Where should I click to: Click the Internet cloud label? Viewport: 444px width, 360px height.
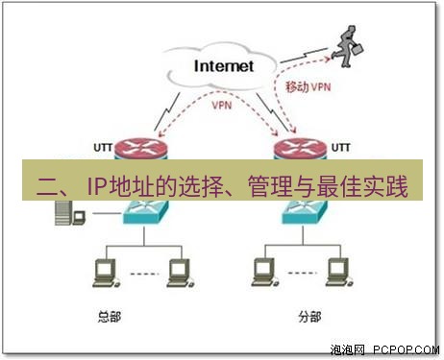point(223,66)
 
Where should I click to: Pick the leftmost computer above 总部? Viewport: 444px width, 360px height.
point(98,273)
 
